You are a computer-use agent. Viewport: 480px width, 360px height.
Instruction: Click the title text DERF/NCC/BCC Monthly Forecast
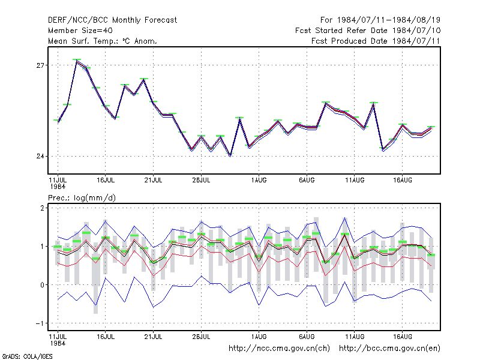pos(112,20)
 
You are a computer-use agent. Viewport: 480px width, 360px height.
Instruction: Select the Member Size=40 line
pos(80,31)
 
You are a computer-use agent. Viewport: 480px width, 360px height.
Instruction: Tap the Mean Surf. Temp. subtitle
pos(103,41)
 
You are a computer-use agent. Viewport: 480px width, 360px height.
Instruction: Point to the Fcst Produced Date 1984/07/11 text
pos(376,41)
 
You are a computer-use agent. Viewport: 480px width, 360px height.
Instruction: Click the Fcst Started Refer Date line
pos(368,31)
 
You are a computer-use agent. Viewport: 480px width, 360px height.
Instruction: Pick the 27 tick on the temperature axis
pos(40,65)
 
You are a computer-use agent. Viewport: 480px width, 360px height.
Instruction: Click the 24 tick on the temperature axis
pos(40,157)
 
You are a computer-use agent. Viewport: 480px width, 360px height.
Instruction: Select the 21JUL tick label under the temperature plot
pos(154,181)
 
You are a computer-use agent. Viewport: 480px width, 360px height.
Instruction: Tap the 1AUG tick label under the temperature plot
pos(259,181)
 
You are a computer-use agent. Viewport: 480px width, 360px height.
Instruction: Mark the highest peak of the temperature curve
pos(77,61)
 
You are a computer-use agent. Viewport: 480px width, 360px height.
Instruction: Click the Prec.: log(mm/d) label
pos(82,198)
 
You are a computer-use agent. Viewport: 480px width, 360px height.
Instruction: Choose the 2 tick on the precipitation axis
pos(42,208)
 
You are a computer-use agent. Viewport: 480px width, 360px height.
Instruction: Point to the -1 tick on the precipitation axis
pos(40,323)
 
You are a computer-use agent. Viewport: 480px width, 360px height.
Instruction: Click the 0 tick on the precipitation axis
pos(42,285)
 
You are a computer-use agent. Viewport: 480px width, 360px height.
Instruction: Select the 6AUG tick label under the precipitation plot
pos(307,337)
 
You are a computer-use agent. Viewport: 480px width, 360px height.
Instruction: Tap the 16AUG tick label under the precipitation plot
pos(403,337)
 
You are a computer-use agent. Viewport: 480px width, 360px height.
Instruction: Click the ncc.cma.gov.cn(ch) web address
pos(279,349)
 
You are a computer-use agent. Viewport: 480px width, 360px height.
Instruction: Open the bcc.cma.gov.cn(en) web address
pos(389,349)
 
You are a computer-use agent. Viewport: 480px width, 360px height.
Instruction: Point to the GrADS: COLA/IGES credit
pos(27,356)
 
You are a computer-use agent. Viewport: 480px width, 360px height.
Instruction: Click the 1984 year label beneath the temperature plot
pos(58,187)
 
